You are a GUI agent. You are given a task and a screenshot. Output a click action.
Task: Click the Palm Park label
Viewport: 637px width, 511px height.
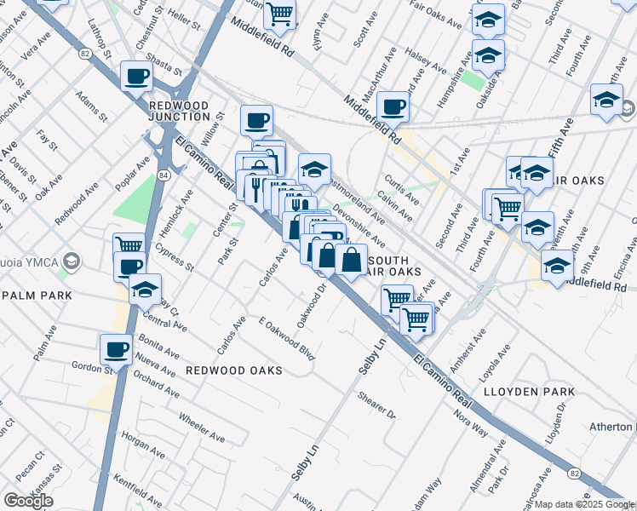coord(34,295)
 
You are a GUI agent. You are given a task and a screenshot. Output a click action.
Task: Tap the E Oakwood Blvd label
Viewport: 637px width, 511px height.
coord(288,338)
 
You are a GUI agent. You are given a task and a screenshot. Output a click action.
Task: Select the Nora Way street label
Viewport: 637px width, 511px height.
coord(470,422)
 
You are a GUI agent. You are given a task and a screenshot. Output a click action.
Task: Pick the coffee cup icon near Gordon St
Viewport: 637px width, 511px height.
coord(116,347)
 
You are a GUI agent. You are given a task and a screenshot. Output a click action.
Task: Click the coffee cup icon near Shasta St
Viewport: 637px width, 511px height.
coord(136,76)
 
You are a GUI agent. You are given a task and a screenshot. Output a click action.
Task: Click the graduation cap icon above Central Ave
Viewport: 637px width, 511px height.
coord(146,289)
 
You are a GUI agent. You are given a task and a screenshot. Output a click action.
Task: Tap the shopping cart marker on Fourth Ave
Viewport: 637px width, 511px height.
coord(508,205)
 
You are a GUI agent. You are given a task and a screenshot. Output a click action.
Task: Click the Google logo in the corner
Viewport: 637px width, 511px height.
coord(27,500)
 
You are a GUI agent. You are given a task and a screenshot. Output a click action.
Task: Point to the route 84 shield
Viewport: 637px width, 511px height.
coord(163,175)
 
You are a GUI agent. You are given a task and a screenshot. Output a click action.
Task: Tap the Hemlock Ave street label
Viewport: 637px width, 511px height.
coord(175,205)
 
